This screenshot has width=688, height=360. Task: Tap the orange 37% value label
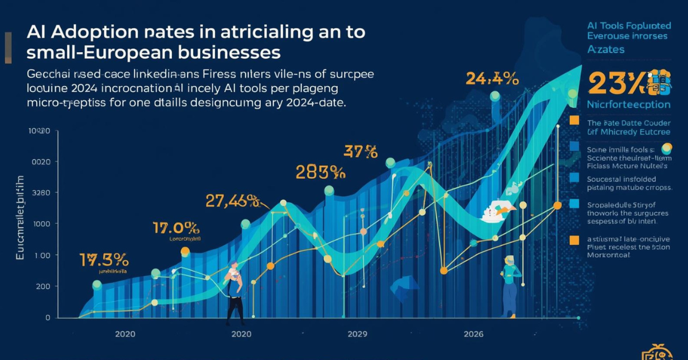[361, 152]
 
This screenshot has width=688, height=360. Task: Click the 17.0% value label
[176, 228]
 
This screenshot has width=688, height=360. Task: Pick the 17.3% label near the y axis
[104, 259]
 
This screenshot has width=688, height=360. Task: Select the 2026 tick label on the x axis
[474, 334]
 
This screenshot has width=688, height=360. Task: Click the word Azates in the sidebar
[606, 49]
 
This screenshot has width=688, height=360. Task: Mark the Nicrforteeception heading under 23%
[628, 105]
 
